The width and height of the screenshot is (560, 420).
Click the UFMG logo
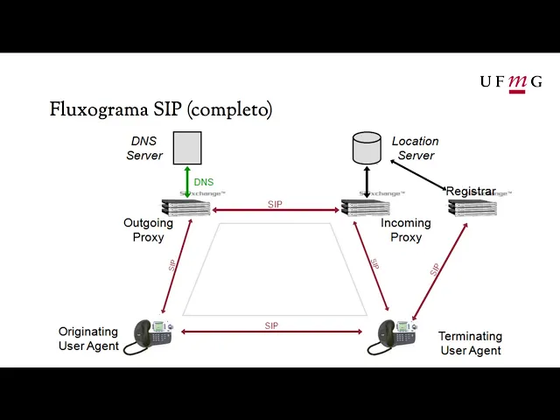point(510,82)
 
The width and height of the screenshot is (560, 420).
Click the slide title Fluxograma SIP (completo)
point(161,109)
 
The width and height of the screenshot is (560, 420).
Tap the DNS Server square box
point(186,148)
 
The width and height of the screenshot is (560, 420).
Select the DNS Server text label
point(144,148)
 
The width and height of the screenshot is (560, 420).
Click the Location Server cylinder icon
point(367,148)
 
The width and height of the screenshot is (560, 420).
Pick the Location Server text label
point(416,148)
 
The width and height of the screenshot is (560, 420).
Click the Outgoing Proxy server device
point(186,207)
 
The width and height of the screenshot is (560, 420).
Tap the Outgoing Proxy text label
point(148,230)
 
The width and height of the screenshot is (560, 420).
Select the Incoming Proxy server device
point(366,207)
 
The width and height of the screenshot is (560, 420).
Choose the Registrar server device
point(472,207)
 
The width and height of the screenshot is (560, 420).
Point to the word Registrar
point(471,191)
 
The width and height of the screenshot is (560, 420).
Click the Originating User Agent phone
point(151,335)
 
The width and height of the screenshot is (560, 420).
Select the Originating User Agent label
point(87,339)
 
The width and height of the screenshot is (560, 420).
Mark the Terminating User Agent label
point(471,343)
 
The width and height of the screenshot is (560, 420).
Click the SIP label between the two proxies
point(276,205)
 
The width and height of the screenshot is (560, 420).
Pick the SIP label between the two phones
point(271,325)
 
